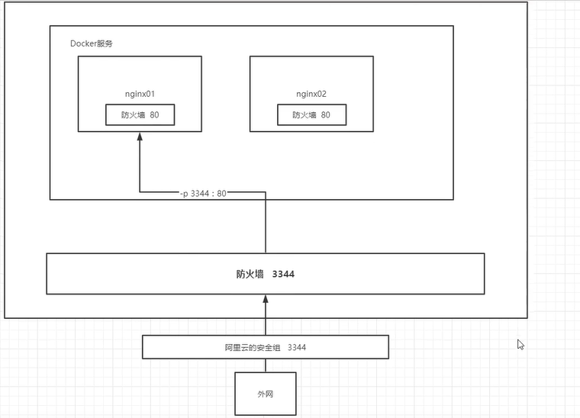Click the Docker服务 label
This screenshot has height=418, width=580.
pos(92,43)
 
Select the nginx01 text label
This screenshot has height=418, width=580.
pos(140,94)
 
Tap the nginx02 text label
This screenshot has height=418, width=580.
pos(311,94)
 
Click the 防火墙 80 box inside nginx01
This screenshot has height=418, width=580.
pos(140,115)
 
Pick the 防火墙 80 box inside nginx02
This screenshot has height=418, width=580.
pos(311,115)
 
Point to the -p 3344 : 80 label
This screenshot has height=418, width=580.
pos(203,194)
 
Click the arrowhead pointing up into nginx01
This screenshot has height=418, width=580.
pos(140,137)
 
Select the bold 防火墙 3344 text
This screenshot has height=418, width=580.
pos(265,274)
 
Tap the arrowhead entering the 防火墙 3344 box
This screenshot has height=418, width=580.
pos(265,300)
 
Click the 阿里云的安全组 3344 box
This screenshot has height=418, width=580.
pos(265,347)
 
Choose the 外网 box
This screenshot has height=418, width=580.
pos(265,394)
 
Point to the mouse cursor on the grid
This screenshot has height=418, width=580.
pos(520,344)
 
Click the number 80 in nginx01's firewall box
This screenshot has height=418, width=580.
pos(154,115)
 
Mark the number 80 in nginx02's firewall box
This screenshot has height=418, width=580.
pos(326,115)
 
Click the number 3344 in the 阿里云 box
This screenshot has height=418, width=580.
pos(298,347)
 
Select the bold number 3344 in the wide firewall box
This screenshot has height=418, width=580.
pos(283,274)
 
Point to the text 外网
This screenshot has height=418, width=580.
pos(265,394)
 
